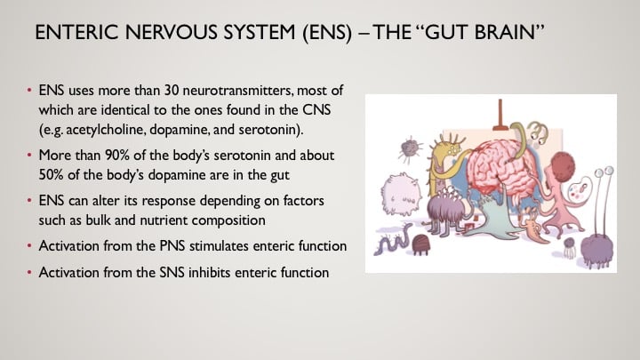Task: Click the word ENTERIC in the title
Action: click(76, 32)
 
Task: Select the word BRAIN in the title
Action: click(505, 32)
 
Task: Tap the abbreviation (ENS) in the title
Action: click(327, 33)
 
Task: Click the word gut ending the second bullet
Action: click(280, 176)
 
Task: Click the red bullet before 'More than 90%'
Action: click(29, 156)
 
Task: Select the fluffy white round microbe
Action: click(401, 195)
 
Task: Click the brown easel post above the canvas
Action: click(500, 116)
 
